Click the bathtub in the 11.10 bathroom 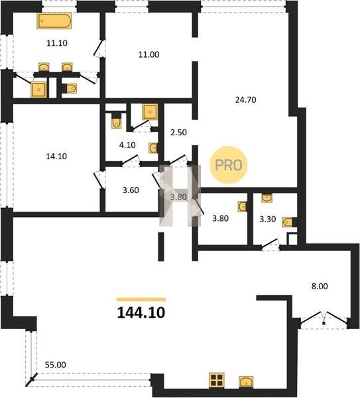[x=54, y=21]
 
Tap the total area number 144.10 [x=141, y=312]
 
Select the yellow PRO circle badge [x=229, y=165]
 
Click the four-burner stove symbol [x=217, y=380]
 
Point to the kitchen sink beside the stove [x=246, y=382]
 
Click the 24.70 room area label [x=245, y=99]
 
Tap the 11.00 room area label [x=149, y=54]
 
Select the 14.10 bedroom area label [x=56, y=156]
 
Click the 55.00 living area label [x=55, y=365]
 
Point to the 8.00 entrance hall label [x=320, y=286]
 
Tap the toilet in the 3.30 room [x=288, y=222]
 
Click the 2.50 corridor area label [x=178, y=132]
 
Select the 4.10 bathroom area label [x=127, y=145]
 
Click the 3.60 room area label [x=131, y=190]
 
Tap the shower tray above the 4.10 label [x=150, y=111]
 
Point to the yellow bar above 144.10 [x=141, y=300]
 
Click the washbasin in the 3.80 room [x=242, y=206]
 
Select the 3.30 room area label [x=268, y=219]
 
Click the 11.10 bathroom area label [x=57, y=43]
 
